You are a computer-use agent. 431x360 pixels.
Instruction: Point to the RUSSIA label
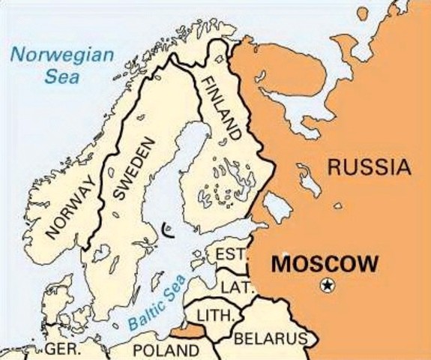pos(370,167)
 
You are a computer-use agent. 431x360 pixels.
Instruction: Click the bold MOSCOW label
pos(324,264)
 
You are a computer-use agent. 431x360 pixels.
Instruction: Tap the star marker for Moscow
pos(328,285)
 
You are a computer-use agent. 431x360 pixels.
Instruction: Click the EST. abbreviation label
pos(231,256)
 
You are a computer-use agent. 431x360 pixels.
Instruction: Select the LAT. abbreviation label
pos(235,286)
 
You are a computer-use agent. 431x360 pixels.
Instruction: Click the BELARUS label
pos(271,338)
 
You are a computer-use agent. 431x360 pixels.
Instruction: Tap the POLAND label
pos(166,350)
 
